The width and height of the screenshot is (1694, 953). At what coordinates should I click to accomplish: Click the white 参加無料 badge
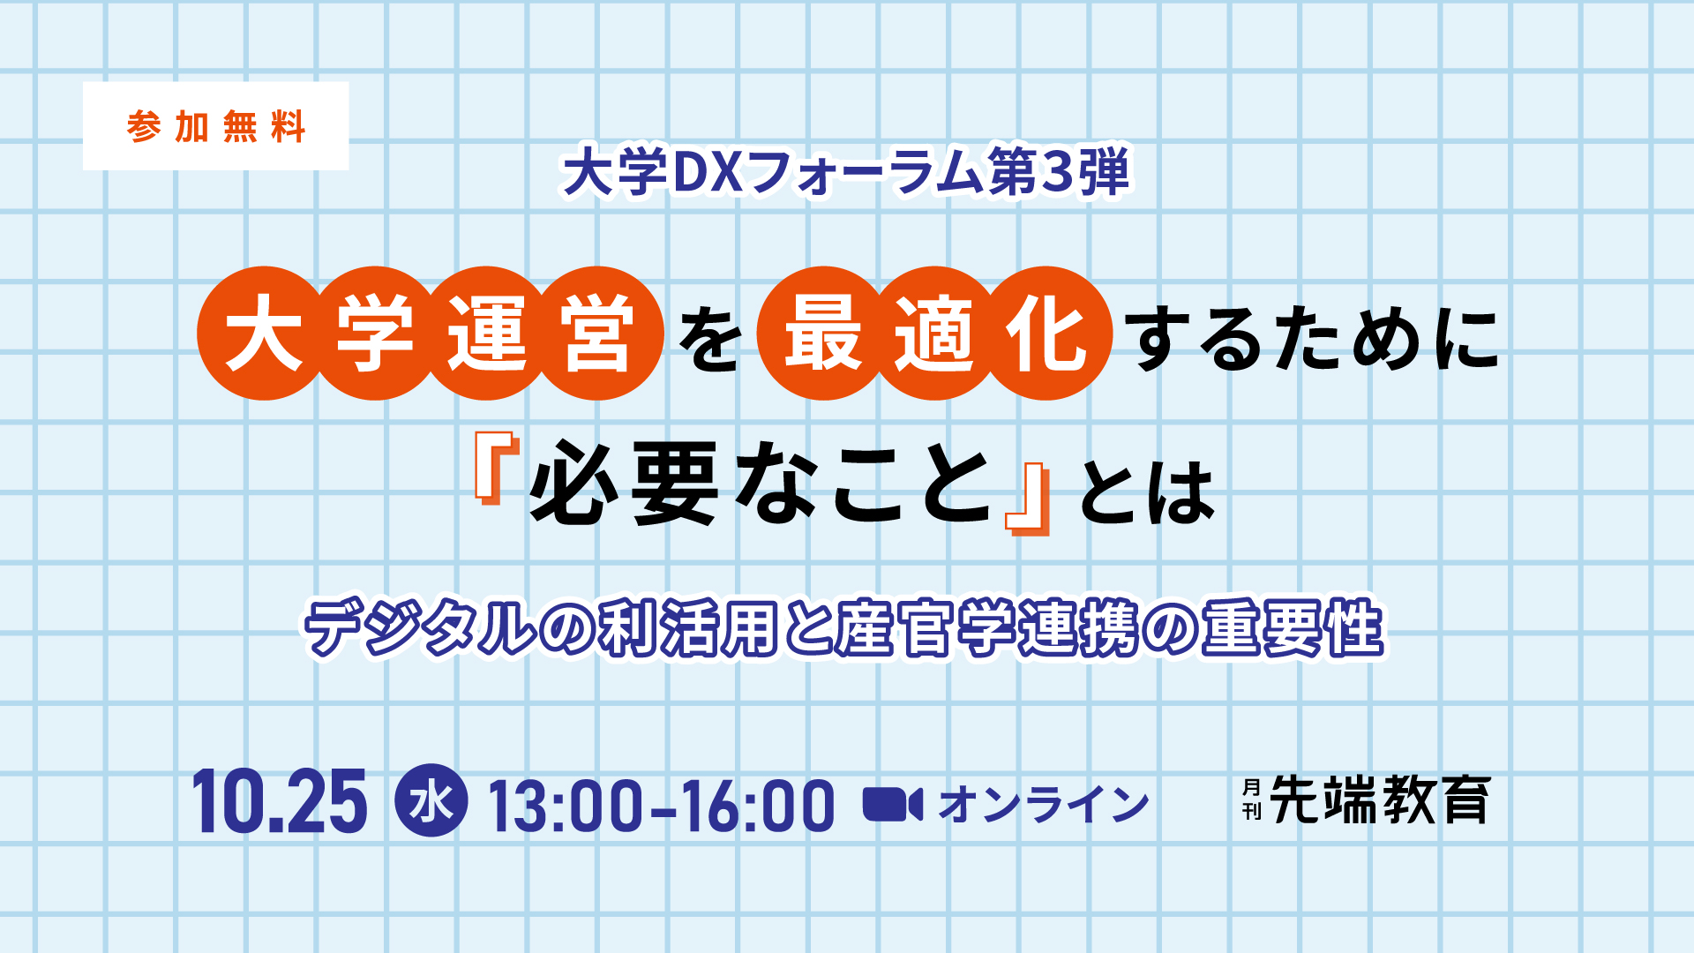click(216, 126)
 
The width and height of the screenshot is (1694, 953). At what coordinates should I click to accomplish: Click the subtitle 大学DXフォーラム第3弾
click(846, 173)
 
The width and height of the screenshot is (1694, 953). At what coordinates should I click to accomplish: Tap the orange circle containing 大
click(264, 334)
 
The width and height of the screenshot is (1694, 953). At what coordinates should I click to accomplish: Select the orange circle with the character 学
click(375, 334)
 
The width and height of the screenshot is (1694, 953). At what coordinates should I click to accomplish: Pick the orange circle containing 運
click(486, 334)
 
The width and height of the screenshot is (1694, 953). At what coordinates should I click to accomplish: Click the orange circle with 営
click(597, 334)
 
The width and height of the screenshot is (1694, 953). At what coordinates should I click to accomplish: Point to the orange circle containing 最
click(824, 334)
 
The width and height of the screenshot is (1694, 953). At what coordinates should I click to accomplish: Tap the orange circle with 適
click(935, 334)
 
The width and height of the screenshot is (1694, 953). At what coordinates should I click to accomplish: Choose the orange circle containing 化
click(1046, 334)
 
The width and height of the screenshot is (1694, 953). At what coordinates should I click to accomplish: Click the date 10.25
click(279, 801)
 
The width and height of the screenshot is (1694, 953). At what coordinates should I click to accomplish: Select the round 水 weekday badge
click(431, 800)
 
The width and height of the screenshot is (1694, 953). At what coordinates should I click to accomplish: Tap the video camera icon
click(893, 804)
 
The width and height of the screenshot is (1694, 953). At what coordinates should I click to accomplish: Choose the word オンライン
click(1044, 804)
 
